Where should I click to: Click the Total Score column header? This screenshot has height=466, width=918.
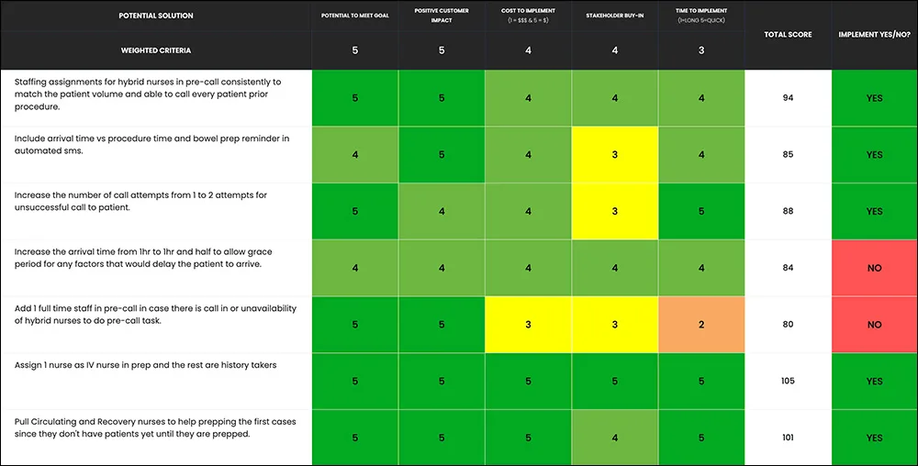tap(788, 35)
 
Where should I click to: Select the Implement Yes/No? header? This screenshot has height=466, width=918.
tap(874, 35)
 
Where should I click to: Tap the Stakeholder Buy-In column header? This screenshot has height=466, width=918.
tap(615, 16)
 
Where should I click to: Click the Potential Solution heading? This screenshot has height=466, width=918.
tap(156, 16)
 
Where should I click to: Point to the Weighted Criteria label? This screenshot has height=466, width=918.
tap(156, 50)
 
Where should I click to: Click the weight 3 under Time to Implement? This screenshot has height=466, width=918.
tap(701, 50)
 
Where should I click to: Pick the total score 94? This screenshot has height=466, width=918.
tap(788, 97)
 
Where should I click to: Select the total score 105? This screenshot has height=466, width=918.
tap(788, 381)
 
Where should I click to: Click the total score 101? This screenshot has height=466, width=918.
tap(788, 438)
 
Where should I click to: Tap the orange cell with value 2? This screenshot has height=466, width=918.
tap(701, 325)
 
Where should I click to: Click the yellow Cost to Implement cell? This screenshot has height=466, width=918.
tap(528, 325)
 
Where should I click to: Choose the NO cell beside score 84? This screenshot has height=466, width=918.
tap(875, 268)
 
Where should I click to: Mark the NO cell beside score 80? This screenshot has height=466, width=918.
tap(875, 325)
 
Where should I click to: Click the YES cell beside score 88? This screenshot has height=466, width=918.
tap(875, 211)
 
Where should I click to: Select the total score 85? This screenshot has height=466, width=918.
tap(788, 154)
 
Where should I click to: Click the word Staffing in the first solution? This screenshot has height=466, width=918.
tap(32, 83)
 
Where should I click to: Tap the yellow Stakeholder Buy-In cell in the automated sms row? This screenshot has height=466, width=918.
tap(615, 154)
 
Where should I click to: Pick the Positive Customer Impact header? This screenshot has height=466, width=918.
tap(442, 16)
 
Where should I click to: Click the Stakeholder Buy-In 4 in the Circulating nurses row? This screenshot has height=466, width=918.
tap(615, 438)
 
